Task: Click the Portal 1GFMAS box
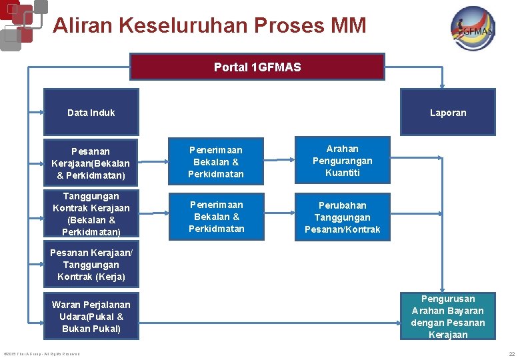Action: pos(257,67)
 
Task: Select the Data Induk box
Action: pos(91,112)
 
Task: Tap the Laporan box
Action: pos(447,112)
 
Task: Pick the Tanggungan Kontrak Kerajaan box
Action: pos(91,214)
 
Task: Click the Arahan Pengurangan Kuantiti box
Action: pos(342,161)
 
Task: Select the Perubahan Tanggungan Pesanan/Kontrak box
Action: pos(342,217)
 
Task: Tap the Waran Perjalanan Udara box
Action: pos(91,317)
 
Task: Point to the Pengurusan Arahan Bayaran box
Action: pos(447,317)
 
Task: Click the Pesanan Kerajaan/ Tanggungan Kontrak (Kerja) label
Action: pos(91,265)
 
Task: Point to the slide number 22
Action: pos(511,353)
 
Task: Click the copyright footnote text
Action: pos(41,353)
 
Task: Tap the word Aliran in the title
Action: pos(83,26)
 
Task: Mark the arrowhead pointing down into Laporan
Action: pos(442,85)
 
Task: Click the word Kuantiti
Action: pos(343,173)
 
